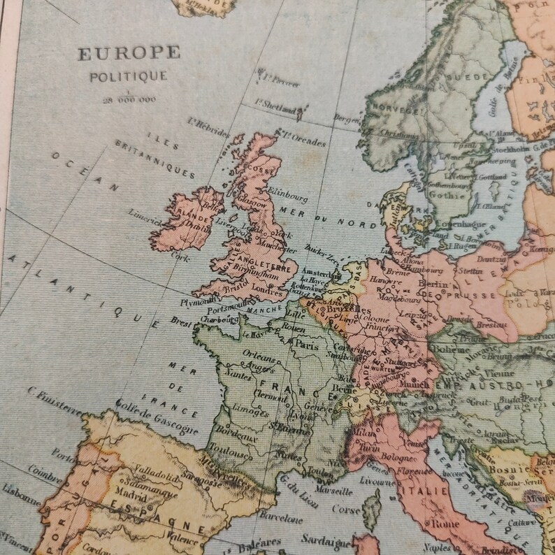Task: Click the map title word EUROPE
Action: coord(129,53)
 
